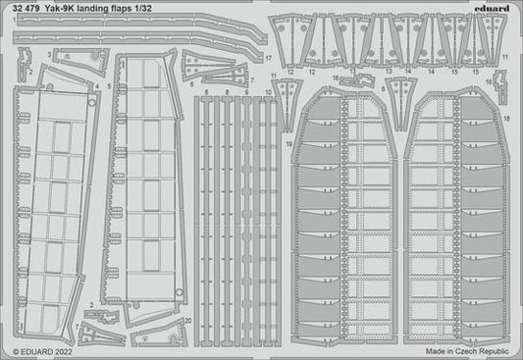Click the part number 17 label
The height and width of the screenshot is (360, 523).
coord(268,58)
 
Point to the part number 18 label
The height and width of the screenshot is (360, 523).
coord(506,119)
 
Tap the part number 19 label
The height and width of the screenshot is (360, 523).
coord(288,145)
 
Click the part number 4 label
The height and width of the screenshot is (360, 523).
coord(97,87)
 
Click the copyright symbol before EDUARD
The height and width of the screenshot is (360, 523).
coord(8,350)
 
